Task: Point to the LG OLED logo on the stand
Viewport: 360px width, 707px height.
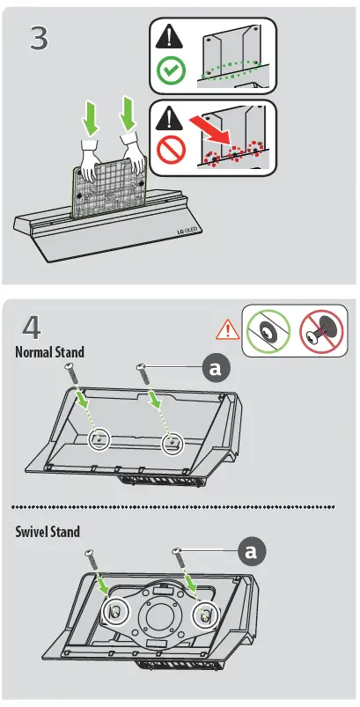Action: [183, 232]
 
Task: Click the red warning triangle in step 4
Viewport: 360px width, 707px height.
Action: [227, 330]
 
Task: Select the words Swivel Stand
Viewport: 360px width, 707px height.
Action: [48, 532]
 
